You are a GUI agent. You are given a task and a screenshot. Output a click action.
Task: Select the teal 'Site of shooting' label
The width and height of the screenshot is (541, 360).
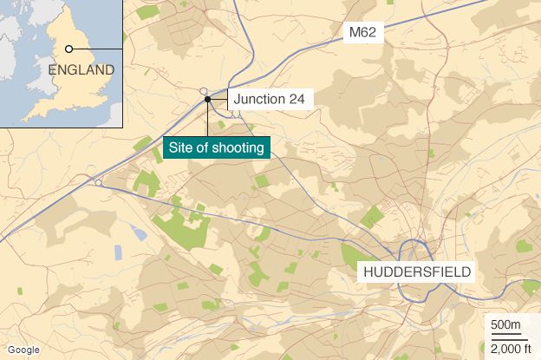coord(217,148)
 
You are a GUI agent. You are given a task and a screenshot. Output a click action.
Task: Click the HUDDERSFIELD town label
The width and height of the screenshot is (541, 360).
coord(417,272)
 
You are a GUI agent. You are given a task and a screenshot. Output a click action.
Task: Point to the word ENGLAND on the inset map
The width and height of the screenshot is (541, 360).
coord(81,69)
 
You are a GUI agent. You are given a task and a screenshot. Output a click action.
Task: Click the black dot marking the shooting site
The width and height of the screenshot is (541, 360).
coord(208,99)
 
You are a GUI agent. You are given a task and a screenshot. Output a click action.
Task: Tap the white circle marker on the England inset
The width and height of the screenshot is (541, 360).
coord(68,49)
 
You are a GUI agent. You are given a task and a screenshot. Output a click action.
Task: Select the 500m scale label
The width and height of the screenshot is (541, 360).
coord(505,325)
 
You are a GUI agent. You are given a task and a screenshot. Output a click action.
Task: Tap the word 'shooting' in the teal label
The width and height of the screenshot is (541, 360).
coord(238,148)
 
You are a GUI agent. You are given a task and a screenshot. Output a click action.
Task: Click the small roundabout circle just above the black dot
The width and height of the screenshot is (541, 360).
coord(204,90)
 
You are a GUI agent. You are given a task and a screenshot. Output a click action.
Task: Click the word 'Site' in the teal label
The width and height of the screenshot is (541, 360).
coord(183,148)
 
